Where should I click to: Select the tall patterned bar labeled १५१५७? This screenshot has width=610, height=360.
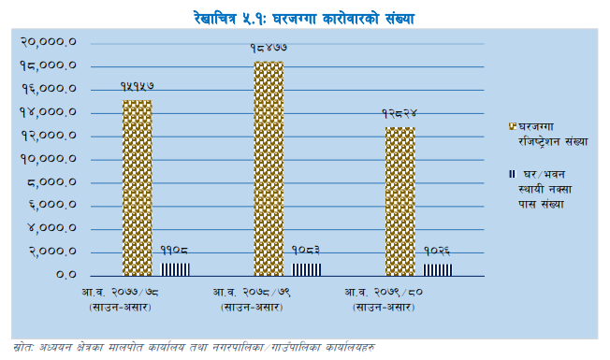coord(137,187)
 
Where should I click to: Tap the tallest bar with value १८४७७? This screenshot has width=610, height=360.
coord(268,168)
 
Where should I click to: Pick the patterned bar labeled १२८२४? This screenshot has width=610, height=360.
coord(399,201)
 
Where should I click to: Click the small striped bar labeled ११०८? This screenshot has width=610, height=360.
coord(176,269)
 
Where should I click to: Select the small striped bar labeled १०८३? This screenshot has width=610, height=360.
coord(307,269)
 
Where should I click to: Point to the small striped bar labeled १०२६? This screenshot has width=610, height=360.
coord(438,269)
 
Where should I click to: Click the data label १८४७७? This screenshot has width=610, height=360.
coord(268,47)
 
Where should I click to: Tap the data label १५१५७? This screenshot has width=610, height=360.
coord(137,85)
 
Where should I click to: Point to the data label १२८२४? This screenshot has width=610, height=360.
coord(399,112)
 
